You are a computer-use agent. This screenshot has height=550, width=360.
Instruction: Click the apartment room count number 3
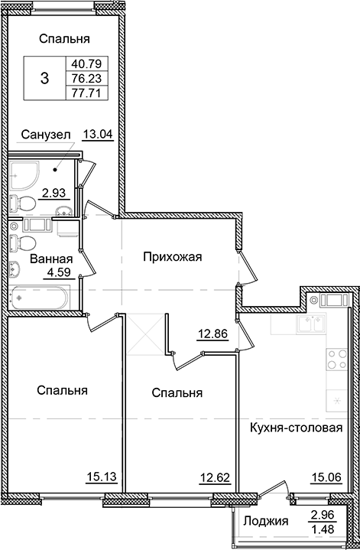44,78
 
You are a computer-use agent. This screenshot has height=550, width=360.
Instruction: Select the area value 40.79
86,63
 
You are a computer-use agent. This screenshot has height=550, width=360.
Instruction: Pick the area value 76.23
86,78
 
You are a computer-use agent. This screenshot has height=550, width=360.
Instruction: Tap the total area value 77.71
86,93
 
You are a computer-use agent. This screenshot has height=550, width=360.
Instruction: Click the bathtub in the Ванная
41,295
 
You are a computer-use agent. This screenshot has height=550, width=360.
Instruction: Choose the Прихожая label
172,257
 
